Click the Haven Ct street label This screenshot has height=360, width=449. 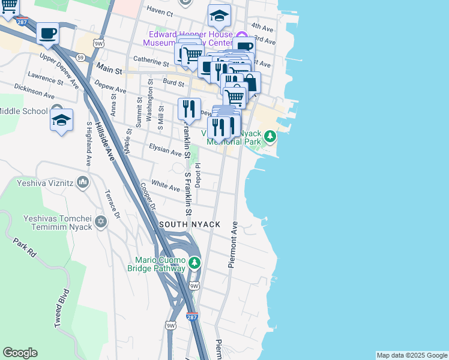(160, 13)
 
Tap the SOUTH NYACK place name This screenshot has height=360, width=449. (190, 224)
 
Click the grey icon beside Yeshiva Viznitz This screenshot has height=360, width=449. (83, 181)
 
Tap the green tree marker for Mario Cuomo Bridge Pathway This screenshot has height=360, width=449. (194, 263)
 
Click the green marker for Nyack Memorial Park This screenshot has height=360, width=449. (270, 137)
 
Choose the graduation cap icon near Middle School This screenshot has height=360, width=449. (61, 120)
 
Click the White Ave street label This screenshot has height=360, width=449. (166, 187)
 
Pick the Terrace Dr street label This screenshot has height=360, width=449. (112, 205)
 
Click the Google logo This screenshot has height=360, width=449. (20, 353)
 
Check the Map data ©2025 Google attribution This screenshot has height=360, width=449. (412, 355)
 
